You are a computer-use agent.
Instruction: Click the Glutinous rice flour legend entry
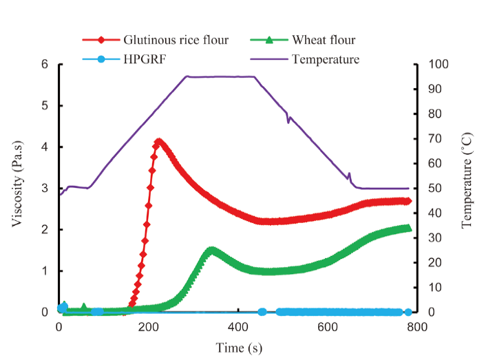[x=176, y=40]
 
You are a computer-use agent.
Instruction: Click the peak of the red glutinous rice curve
[x=159, y=142]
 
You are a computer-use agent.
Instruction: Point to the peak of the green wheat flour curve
[x=212, y=251]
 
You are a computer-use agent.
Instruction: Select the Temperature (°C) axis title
[x=467, y=187]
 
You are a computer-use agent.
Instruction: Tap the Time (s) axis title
[x=238, y=348]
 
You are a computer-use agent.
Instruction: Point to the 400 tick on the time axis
[x=238, y=328]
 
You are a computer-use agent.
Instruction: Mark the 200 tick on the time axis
[x=148, y=328]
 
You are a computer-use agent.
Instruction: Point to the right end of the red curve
[x=408, y=201]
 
